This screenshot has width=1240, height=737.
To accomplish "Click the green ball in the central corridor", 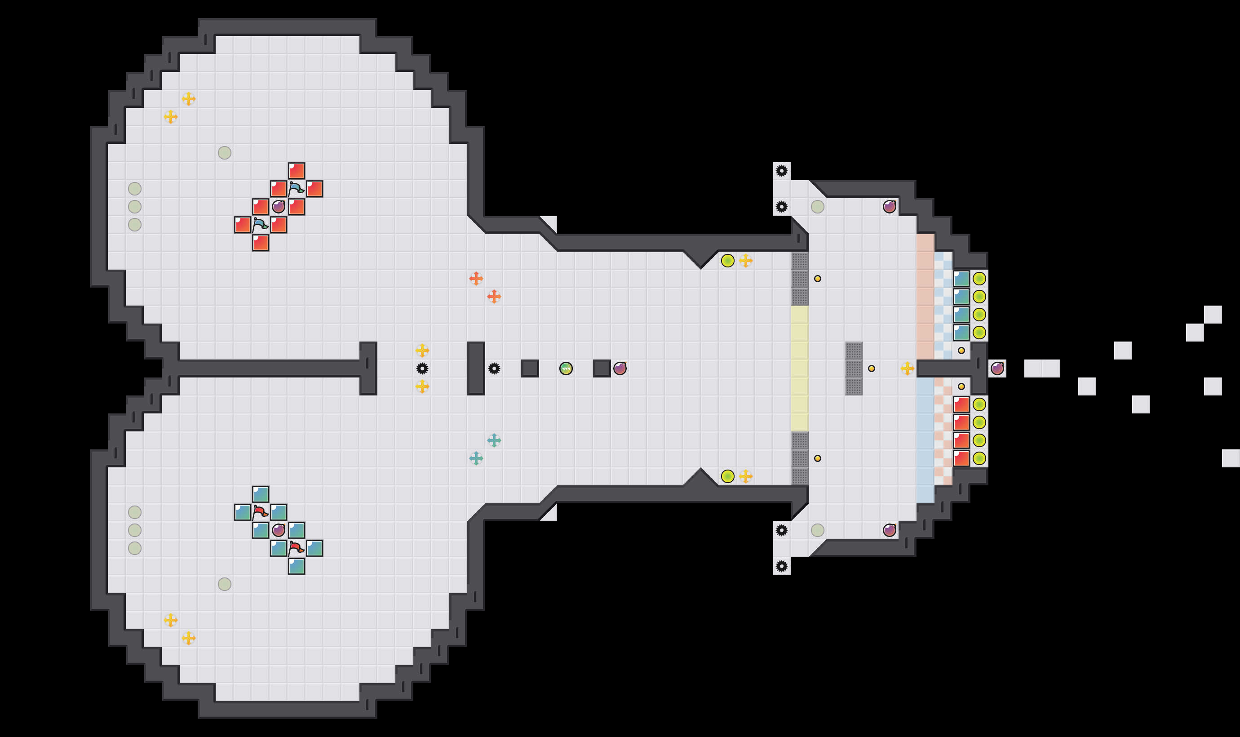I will click(566, 368).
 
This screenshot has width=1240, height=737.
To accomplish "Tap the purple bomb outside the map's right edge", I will click(997, 368).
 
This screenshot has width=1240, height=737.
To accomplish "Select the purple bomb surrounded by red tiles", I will click(279, 207).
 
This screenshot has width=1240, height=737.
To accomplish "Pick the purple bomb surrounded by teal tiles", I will click(279, 530).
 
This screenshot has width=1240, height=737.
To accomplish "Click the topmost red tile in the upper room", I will click(297, 171).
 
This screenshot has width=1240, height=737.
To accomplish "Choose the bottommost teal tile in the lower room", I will click(297, 566).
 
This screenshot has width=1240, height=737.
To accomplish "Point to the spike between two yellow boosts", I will click(422, 368).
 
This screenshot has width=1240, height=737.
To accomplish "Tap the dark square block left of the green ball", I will click(530, 368).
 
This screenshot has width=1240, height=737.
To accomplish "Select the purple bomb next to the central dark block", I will click(620, 368).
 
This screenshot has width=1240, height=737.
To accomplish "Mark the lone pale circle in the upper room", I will click(224, 152).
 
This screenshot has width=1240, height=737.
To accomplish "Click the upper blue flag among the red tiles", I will click(297, 189).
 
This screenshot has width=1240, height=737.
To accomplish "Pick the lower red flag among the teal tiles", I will click(297, 548).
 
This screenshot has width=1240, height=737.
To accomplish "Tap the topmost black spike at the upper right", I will click(781, 171).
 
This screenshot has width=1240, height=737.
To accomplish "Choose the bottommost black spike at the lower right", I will click(781, 566).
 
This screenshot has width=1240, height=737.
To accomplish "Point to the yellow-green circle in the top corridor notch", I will click(728, 261).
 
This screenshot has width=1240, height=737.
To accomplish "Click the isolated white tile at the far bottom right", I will click(1231, 458).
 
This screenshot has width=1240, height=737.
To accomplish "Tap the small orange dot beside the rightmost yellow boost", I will click(872, 368).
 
